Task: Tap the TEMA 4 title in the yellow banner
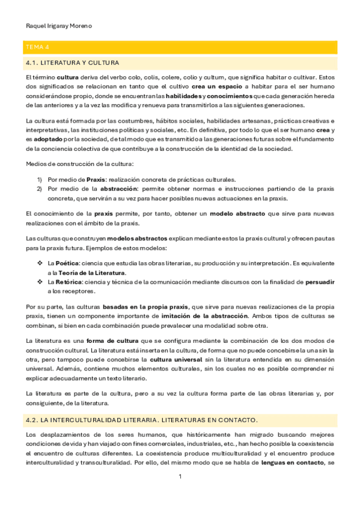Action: click(35, 47)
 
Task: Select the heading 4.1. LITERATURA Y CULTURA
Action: click(73, 63)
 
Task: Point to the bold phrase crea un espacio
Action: click(217, 87)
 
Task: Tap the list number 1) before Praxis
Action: click(40, 179)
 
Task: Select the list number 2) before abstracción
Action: click(40, 188)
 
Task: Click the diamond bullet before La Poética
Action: click(40, 263)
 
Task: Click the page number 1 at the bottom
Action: click(180, 477)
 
